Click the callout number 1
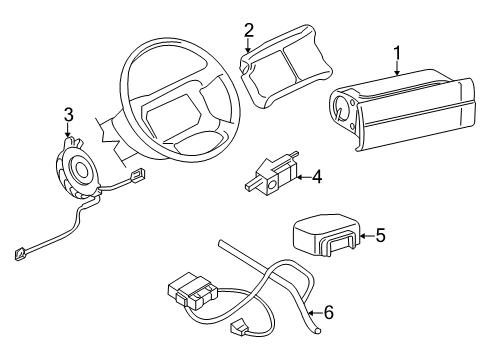[398, 52]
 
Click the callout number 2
[249, 29]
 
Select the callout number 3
[68, 114]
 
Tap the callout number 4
[317, 177]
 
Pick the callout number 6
[329, 313]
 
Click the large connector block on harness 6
[190, 293]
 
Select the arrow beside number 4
[301, 177]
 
